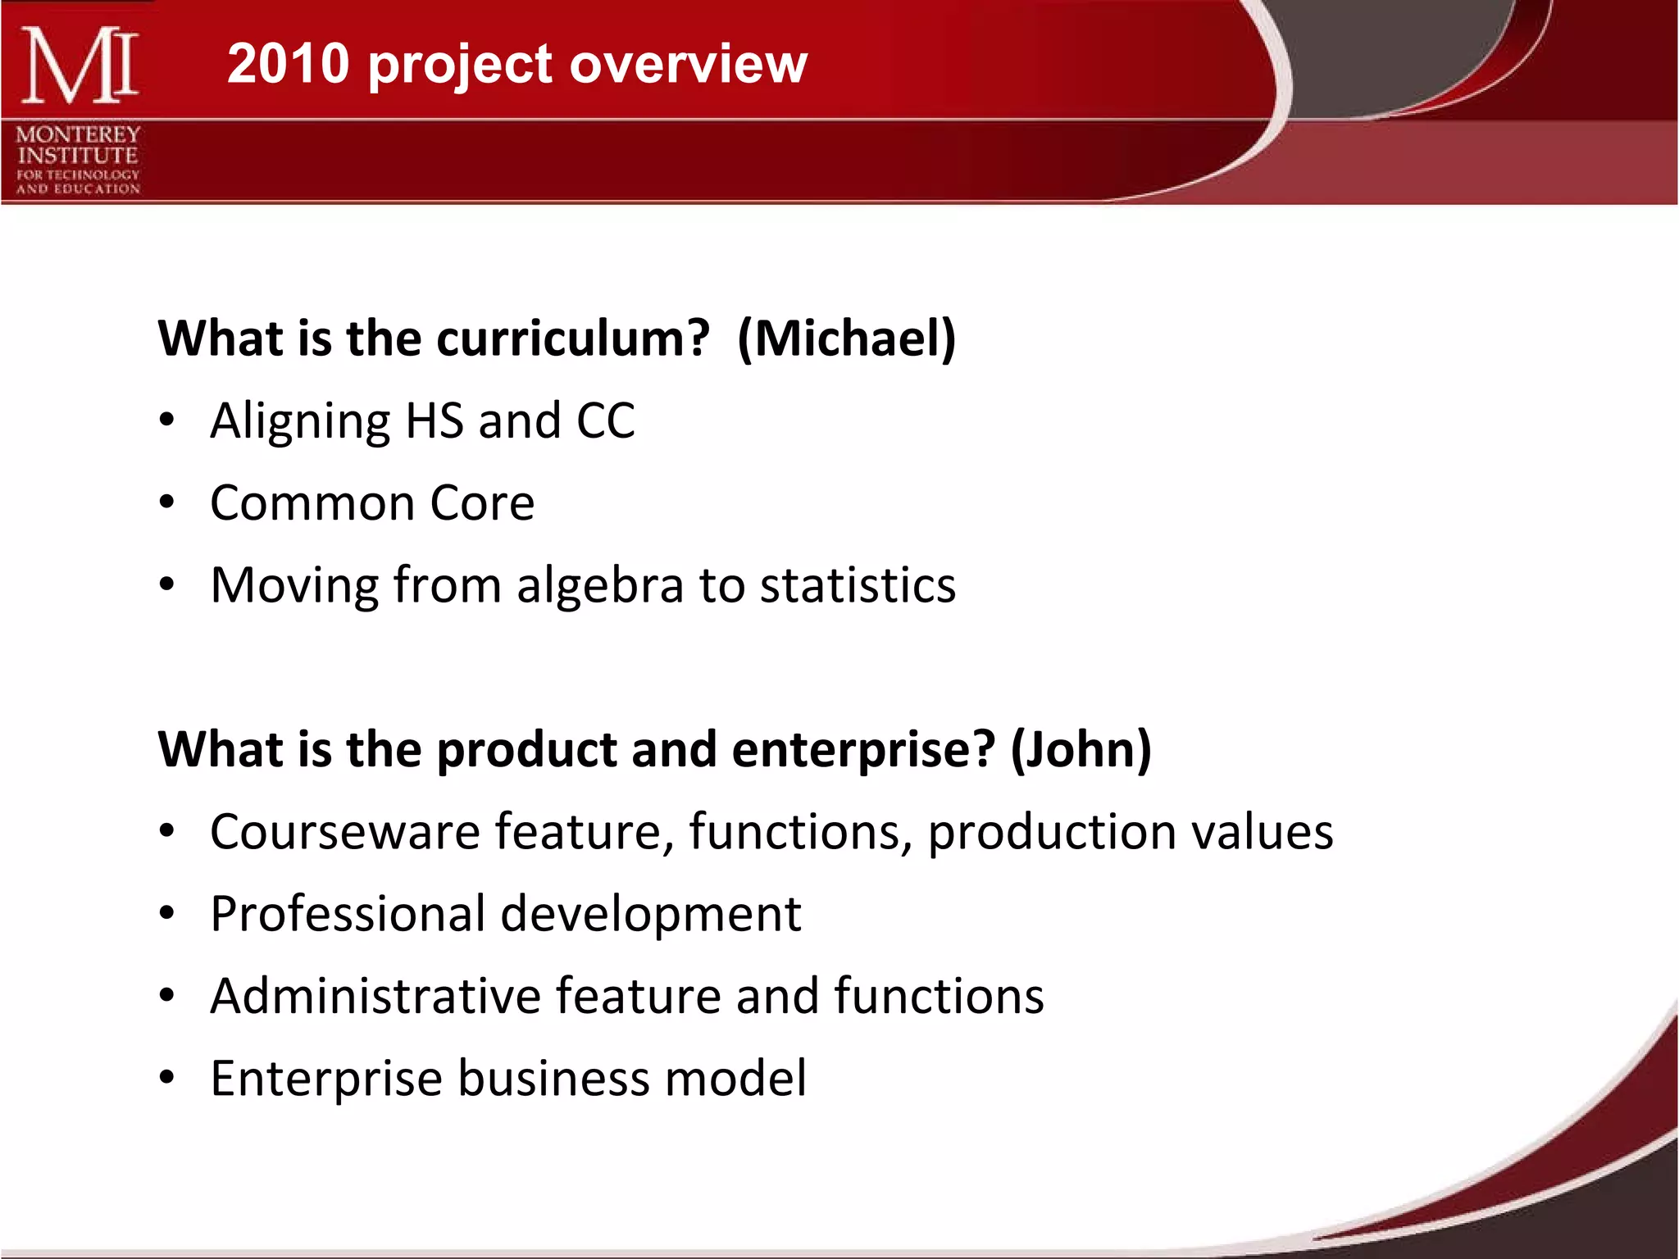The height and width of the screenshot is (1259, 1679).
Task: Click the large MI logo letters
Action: [x=79, y=66]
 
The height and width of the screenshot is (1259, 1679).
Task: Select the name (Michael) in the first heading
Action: [x=846, y=338]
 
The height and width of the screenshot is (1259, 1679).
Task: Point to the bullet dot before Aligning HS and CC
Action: [x=167, y=420]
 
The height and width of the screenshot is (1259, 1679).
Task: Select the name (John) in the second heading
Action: [x=1081, y=748]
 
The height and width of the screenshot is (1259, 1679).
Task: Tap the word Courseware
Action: [x=344, y=831]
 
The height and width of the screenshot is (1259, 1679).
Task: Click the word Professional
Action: [x=348, y=913]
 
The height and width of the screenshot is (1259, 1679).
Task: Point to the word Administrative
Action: [x=375, y=995]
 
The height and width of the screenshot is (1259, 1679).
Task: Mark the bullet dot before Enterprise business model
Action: [x=167, y=1078]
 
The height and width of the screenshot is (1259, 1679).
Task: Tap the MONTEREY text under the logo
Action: [x=78, y=134]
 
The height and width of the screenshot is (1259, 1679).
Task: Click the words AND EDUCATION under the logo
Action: [x=78, y=189]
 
